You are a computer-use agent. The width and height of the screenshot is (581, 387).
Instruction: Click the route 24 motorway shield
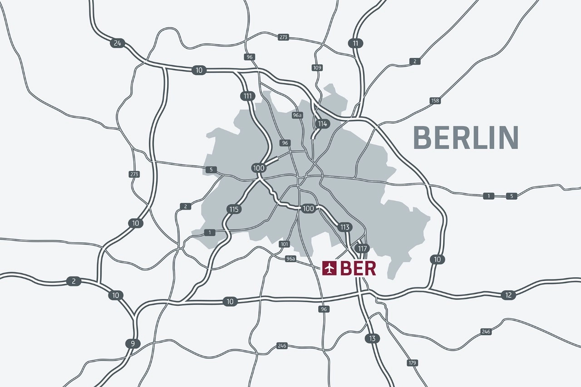click(118, 44)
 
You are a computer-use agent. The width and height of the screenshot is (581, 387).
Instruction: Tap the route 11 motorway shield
click(355, 44)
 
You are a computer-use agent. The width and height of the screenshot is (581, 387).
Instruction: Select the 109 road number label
click(317, 68)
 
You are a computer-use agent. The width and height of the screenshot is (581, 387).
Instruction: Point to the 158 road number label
click(435, 101)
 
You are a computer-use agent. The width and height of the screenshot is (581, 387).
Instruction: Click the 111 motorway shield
click(247, 96)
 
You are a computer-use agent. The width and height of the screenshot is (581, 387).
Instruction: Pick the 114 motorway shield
click(323, 124)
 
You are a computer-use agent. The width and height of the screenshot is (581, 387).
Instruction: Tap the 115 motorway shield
click(234, 209)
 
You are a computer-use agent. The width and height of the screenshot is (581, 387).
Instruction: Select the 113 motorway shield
click(345, 227)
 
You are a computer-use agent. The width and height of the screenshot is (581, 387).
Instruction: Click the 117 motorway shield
click(362, 249)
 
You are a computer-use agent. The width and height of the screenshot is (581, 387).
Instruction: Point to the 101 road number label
click(284, 244)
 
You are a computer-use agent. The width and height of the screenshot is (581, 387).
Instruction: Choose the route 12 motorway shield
click(508, 295)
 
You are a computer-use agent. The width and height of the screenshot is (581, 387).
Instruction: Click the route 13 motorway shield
click(372, 338)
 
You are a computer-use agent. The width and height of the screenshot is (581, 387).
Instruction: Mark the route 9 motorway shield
click(133, 343)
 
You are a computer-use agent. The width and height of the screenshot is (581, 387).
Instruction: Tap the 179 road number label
click(412, 363)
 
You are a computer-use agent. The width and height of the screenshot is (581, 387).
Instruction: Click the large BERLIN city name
click(466, 138)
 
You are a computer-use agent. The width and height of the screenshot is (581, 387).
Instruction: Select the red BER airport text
click(358, 269)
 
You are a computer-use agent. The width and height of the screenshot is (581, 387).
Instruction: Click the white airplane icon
click(330, 269)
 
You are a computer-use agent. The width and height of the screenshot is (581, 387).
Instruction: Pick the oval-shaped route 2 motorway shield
click(74, 281)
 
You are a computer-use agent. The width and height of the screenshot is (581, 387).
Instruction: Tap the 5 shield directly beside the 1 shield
click(512, 196)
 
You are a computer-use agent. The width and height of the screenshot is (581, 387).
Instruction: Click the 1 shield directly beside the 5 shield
click(488, 196)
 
